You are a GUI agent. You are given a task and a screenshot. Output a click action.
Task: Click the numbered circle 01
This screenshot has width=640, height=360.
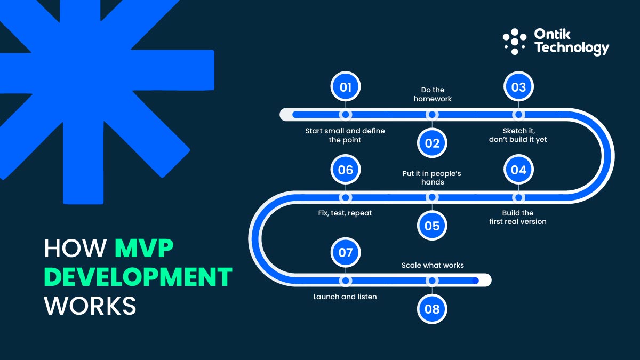pyautogui.click(x=346, y=87)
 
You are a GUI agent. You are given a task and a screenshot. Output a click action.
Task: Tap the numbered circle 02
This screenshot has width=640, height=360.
pyautogui.click(x=432, y=143)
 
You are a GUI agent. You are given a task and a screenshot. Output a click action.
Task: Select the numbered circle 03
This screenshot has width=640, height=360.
pyautogui.click(x=518, y=87)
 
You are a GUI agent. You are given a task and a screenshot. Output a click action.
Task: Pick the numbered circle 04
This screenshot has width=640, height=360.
pyautogui.click(x=518, y=170)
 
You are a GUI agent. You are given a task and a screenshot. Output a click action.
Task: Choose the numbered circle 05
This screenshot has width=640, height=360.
pyautogui.click(x=432, y=226)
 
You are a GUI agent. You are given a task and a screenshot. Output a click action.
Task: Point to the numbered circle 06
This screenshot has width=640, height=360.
pyautogui.click(x=346, y=170)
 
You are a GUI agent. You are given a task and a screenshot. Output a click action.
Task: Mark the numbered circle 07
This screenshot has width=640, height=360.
pyautogui.click(x=346, y=252)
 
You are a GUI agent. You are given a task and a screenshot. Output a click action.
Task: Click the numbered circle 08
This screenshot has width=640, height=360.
pyautogui.click(x=432, y=309)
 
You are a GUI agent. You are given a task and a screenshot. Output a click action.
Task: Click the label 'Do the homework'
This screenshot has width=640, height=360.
pyautogui.click(x=432, y=94)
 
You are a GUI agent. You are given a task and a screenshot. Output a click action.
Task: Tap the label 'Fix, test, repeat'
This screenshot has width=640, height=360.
pyautogui.click(x=345, y=213)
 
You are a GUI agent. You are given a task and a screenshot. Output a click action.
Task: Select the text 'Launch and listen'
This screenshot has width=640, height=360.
pyautogui.click(x=345, y=297)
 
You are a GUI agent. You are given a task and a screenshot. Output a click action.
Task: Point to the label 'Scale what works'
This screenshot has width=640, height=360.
pyautogui.click(x=432, y=265)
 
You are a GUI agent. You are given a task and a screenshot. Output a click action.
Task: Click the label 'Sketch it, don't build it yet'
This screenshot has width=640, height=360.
pyautogui.click(x=518, y=135)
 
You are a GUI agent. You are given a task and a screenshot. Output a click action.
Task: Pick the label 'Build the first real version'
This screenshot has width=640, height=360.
pyautogui.click(x=518, y=217)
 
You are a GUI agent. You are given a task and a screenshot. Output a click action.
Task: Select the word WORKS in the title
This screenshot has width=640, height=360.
pyautogui.click(x=90, y=306)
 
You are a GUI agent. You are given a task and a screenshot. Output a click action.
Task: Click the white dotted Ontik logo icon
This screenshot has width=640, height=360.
pyautogui.click(x=514, y=42)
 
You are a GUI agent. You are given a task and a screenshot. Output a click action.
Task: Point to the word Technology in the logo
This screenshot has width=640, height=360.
pyautogui.click(x=571, y=48)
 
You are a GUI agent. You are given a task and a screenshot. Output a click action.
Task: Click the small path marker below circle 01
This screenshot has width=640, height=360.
pyautogui.click(x=346, y=115)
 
